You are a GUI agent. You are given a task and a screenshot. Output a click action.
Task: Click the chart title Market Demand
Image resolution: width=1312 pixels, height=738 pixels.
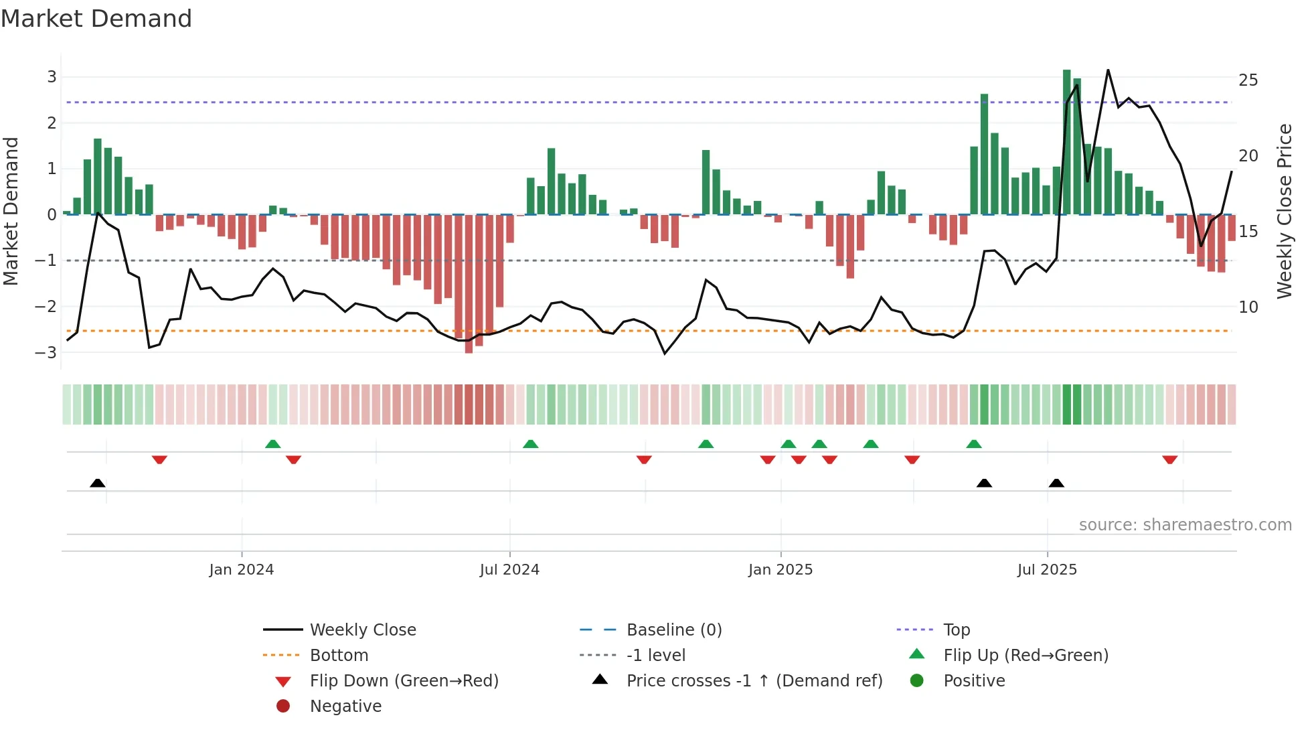(96, 19)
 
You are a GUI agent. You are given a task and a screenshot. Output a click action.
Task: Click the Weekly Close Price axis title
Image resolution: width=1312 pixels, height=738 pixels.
(1284, 211)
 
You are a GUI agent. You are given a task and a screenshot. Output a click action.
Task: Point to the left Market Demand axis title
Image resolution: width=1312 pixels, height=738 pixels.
(11, 211)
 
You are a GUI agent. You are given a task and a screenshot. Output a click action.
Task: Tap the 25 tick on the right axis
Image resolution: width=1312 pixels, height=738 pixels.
(1248, 80)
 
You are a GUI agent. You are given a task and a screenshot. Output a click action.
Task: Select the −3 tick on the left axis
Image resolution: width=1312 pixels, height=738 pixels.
(46, 352)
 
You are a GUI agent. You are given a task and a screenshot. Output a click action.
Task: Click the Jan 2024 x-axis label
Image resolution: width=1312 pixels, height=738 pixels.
(241, 570)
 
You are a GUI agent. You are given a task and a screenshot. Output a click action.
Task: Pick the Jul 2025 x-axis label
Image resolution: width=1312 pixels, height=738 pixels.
(1047, 570)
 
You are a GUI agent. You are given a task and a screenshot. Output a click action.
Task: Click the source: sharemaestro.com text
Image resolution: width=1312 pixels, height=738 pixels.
(1185, 525)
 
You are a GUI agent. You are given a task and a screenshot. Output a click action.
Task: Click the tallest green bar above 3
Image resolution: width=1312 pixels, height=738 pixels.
(1067, 141)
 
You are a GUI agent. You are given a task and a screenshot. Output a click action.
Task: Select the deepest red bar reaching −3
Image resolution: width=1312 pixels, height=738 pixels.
(469, 285)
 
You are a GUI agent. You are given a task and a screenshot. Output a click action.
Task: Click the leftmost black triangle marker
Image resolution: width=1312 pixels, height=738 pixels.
(98, 483)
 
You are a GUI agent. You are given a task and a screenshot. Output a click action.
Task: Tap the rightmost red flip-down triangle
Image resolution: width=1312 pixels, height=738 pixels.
(1169, 459)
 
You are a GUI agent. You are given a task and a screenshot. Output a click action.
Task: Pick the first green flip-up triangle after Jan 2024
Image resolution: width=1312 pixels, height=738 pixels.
(272, 443)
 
